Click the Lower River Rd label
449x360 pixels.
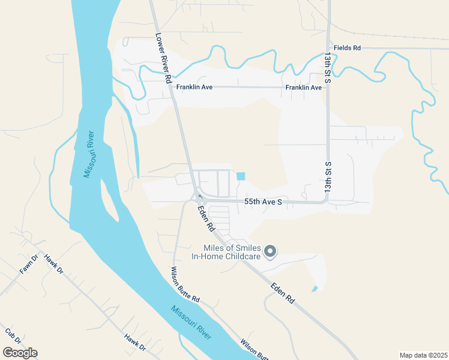click(x=163, y=58)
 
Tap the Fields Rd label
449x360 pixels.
click(x=348, y=47)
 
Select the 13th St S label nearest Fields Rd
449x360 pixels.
click(x=328, y=67)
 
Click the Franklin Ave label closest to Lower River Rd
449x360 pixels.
click(x=194, y=88)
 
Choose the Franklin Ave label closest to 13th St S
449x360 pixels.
click(x=304, y=88)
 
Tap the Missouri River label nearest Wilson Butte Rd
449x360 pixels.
click(x=191, y=323)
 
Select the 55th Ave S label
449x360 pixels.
click(x=263, y=202)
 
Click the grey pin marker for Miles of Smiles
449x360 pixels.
click(x=270, y=251)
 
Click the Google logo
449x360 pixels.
click(x=20, y=353)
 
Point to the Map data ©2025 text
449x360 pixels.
click(x=423, y=355)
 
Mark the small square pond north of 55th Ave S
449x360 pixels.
click(x=241, y=176)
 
